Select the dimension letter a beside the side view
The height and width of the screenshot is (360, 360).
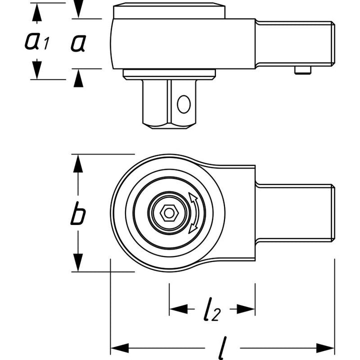tap(77, 44)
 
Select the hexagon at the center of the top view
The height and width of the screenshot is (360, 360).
tap(168, 213)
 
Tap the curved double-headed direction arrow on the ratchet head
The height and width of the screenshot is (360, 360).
tap(193, 214)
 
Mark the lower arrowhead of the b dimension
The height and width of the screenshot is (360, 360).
tap(77, 262)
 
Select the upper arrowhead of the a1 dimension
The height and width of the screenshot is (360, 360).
tap(36, 13)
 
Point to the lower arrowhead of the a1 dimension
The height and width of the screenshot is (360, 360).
tap(36, 69)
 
